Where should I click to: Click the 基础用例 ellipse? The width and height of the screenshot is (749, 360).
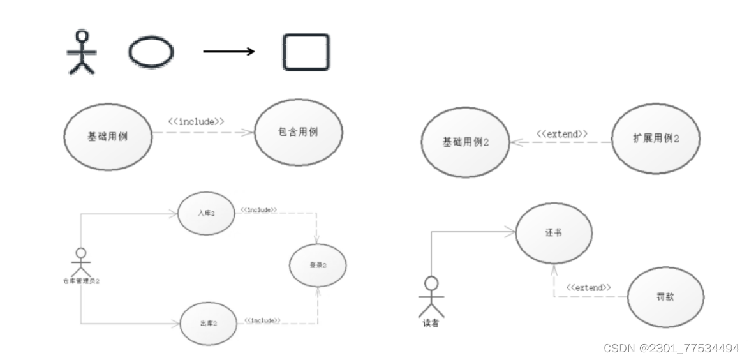[x=107, y=136]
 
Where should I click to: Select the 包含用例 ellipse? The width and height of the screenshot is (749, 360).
[x=298, y=133]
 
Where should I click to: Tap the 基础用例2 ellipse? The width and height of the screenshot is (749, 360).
[x=465, y=142]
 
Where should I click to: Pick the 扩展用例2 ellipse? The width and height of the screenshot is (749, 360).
[x=655, y=139]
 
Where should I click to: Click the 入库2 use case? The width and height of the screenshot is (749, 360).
[x=206, y=213]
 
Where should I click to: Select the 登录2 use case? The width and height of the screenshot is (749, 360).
[x=318, y=265]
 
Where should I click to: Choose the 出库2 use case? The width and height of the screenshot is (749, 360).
[x=208, y=324]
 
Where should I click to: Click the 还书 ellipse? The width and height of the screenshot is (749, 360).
[x=553, y=234]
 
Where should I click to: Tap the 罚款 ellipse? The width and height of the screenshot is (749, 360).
[x=665, y=297]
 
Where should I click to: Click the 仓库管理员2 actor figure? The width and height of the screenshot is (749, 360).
[x=81, y=262]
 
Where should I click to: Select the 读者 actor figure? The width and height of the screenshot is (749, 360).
[x=431, y=297]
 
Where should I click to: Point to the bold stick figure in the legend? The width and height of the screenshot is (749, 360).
[x=81, y=53]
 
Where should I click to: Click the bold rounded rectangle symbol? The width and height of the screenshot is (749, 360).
[x=306, y=52]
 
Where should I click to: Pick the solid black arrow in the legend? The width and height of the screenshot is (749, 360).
[x=228, y=52]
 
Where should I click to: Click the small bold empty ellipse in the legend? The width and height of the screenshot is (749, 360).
[x=151, y=52]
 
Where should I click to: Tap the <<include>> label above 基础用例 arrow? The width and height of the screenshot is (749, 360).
[x=196, y=121]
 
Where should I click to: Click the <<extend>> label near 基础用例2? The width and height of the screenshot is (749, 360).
[x=561, y=134]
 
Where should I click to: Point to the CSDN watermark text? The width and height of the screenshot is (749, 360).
[x=671, y=348]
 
